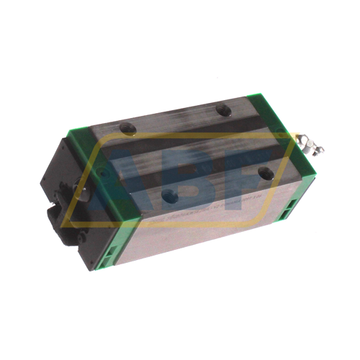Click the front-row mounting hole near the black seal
[x=169, y=194]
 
